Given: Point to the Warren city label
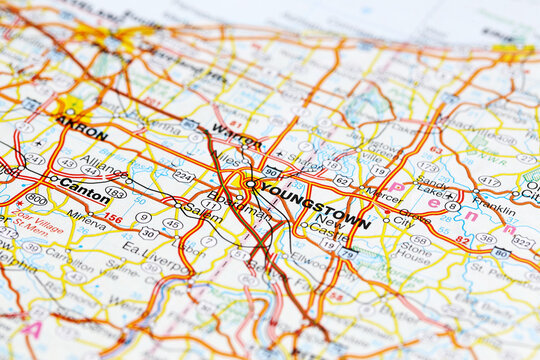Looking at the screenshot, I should click(x=237, y=135).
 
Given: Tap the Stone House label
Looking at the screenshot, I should click(x=413, y=249).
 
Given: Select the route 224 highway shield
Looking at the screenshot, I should click(x=183, y=175).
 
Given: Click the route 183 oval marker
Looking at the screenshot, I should click(x=116, y=191).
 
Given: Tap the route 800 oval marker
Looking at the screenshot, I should click(x=37, y=199).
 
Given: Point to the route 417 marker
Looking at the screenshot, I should click(x=489, y=181).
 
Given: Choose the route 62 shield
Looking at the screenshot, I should click(x=342, y=181).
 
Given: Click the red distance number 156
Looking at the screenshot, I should click(x=113, y=217).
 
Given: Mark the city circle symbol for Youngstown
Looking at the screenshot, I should click(x=249, y=184).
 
